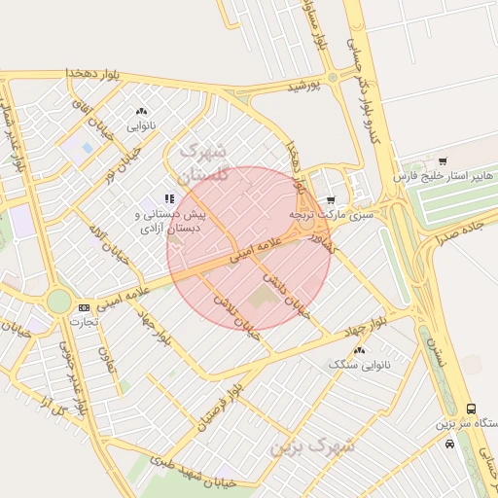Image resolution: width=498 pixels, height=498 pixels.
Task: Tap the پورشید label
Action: point(308,86)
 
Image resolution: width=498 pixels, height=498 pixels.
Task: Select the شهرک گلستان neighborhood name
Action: point(203,162)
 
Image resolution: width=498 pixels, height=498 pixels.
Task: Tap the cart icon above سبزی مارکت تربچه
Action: point(331,199)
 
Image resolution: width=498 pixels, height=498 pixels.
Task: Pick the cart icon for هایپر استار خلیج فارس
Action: point(444,161)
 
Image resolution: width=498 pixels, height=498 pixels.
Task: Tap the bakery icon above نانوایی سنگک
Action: point(360,349)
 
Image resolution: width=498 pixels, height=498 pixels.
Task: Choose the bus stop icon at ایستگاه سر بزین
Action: point(472,409)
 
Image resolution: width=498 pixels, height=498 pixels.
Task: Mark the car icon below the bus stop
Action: point(449,444)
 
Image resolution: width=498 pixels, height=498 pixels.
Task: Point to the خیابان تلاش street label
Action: point(237,317)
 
